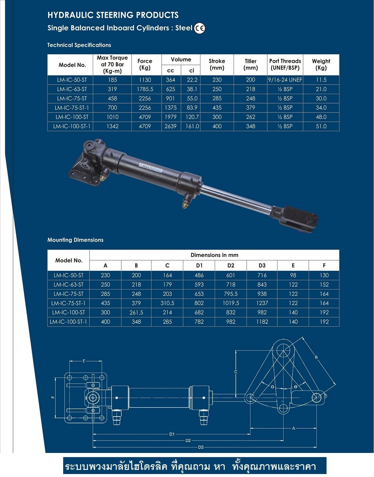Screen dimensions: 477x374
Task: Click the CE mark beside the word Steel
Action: pos(199,29)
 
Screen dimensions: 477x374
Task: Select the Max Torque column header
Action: pos(112,64)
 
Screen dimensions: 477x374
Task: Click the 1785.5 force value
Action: pos(145,89)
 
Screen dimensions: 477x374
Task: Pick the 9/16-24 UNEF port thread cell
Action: pos(285,80)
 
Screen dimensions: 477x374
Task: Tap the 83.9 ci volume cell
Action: pos(192,108)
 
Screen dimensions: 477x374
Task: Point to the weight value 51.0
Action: pos(321,126)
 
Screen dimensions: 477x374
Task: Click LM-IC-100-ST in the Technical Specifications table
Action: pos(72,117)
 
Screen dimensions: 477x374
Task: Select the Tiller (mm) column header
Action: pos(250,64)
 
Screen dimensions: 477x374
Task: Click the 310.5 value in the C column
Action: pos(167,303)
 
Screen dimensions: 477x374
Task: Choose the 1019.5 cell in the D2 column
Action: pos(230,303)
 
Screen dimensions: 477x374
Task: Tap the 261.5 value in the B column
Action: pos(136,312)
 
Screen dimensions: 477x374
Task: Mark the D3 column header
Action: pos(262,266)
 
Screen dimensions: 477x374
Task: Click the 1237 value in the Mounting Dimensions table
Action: pos(262,303)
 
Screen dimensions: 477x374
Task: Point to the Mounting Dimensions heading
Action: pos(75,240)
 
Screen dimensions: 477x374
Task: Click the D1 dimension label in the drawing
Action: pos(172,434)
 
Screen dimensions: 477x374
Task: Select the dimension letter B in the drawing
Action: pos(316,357)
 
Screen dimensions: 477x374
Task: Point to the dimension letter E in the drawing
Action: pos(84,361)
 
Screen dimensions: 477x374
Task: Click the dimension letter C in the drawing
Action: pos(235,372)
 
